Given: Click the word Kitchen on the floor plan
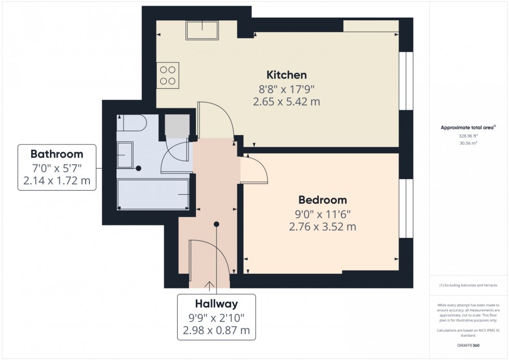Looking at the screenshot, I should click(286, 74).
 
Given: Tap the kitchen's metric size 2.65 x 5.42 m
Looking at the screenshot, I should click(286, 102).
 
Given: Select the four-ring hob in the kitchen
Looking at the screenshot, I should click(167, 74).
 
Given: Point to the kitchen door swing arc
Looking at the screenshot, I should click(218, 117).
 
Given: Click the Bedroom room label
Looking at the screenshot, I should click(323, 200).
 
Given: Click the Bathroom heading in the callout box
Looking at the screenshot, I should click(57, 154).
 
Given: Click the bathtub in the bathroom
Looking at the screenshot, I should click(153, 194).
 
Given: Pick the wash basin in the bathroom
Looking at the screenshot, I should click(125, 155).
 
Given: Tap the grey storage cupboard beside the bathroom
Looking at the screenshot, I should click(177, 125).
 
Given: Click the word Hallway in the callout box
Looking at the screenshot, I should click(217, 304).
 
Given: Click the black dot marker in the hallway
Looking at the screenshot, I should click(216, 224).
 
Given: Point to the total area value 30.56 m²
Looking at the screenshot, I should click(468, 142).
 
